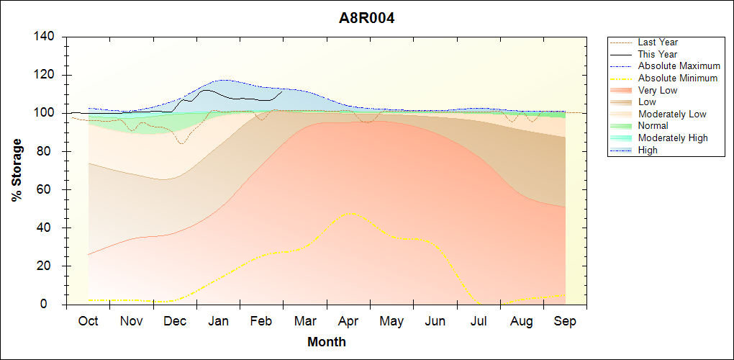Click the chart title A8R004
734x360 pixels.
(x=367, y=18)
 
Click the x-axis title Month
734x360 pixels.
(x=326, y=342)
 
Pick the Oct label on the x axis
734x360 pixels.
(x=88, y=321)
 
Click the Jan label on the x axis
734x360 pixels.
(x=218, y=321)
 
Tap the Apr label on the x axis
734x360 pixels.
(x=348, y=321)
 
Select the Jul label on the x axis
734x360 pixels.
(x=479, y=321)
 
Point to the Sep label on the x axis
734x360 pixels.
(x=565, y=321)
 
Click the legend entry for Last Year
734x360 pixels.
(x=658, y=42)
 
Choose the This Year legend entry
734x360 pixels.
(x=658, y=55)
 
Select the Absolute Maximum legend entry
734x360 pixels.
(x=679, y=66)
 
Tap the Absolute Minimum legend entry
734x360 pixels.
(x=678, y=78)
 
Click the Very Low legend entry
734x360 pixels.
(x=658, y=91)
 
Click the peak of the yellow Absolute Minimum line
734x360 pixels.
(x=350, y=212)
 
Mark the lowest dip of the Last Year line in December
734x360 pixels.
(x=181, y=144)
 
